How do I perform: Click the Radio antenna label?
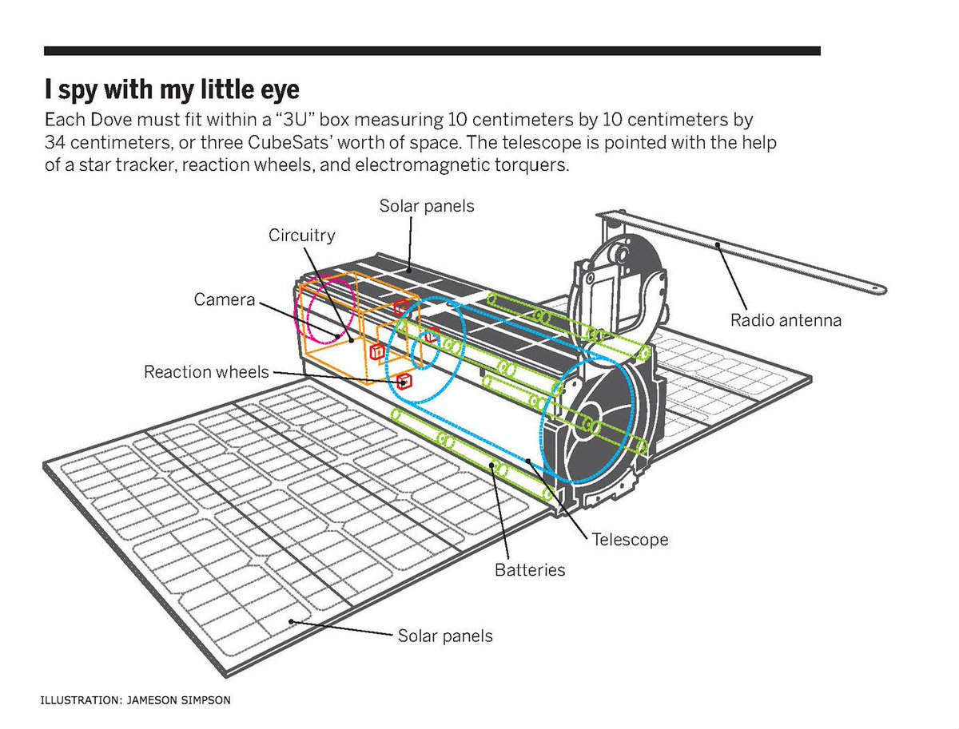point(786,321)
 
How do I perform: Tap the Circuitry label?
point(301,236)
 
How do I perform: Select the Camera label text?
point(225,299)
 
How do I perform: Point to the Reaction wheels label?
point(206,372)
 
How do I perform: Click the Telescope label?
point(630,540)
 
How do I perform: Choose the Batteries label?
point(530,570)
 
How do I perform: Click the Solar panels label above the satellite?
point(426,206)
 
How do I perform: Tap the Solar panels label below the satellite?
point(445,636)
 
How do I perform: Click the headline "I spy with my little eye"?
point(172,88)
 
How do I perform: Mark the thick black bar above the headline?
point(432,50)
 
